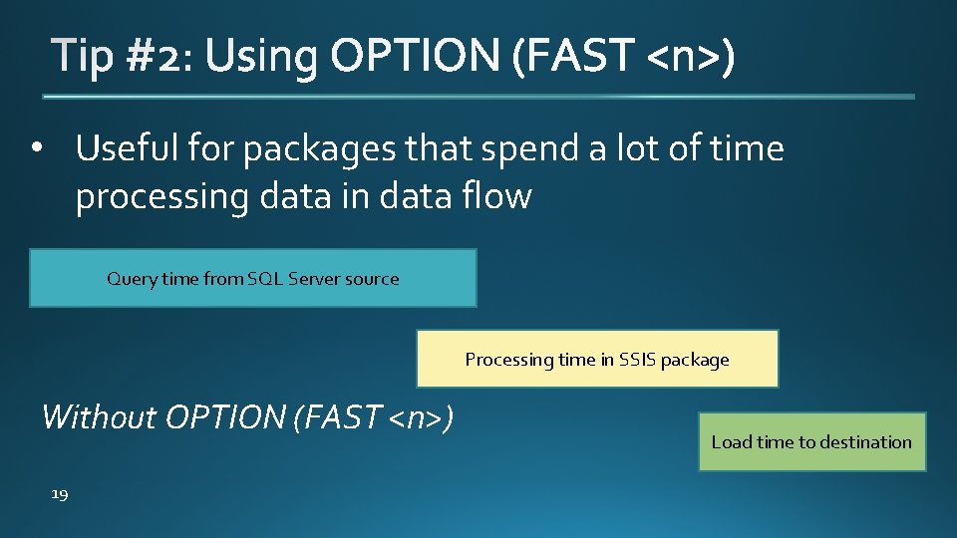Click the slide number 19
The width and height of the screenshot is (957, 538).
pos(60,494)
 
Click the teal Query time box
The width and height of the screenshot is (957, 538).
pos(252,278)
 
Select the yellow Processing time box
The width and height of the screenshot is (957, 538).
pos(597,359)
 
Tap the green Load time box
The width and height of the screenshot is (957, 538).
pos(811,441)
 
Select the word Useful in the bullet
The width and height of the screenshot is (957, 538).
pos(125,149)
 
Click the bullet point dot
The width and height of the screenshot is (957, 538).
pos(37,150)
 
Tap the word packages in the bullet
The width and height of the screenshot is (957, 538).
pos(321,150)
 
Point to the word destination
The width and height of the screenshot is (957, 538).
pos(865,441)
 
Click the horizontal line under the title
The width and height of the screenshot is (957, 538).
pos(478,97)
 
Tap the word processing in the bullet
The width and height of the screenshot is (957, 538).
pos(162,197)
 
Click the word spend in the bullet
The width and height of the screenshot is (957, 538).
pos(525,150)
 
